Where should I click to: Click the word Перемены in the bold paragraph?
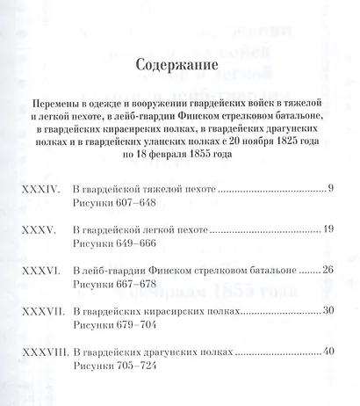54,102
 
